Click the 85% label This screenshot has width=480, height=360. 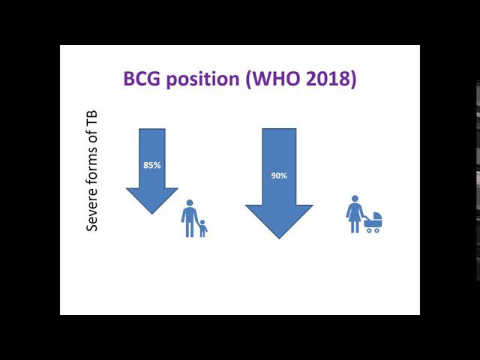pos(152,165)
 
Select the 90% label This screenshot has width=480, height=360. pos(278,175)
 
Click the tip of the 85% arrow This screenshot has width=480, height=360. pos(152,213)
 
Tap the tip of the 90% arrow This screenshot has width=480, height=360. pos(279,238)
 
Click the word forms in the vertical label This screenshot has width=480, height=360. pos(93,169)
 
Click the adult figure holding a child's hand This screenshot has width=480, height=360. pos(189,218)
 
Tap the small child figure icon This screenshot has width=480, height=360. pos(202,228)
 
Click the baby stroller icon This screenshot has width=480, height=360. pos(373,222)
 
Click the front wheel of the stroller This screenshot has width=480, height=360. pos(377,229)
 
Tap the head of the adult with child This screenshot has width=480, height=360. pos(189,202)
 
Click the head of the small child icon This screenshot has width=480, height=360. pos(202,221)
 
